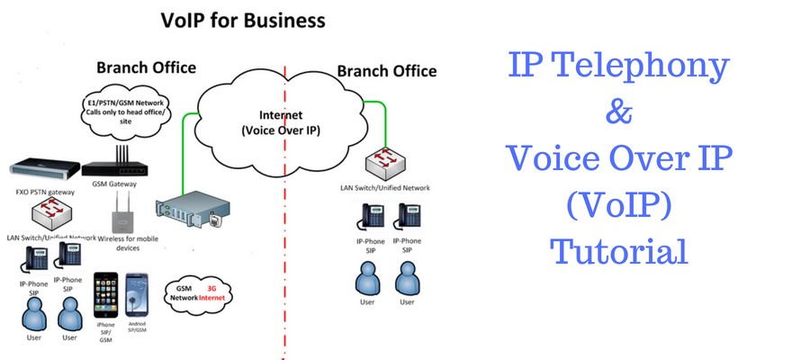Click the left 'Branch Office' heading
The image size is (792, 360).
tap(146, 68)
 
